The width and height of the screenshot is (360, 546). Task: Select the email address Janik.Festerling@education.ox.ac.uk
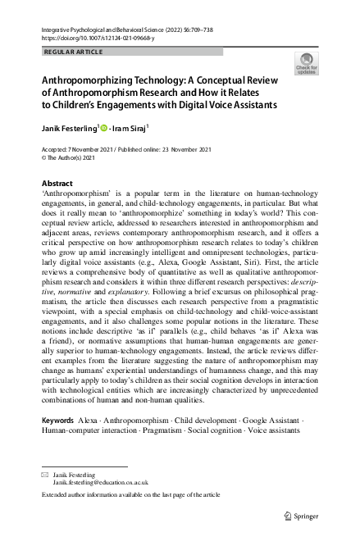click(x=100, y=484)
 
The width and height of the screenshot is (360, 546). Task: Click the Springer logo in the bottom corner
click(x=300, y=516)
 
